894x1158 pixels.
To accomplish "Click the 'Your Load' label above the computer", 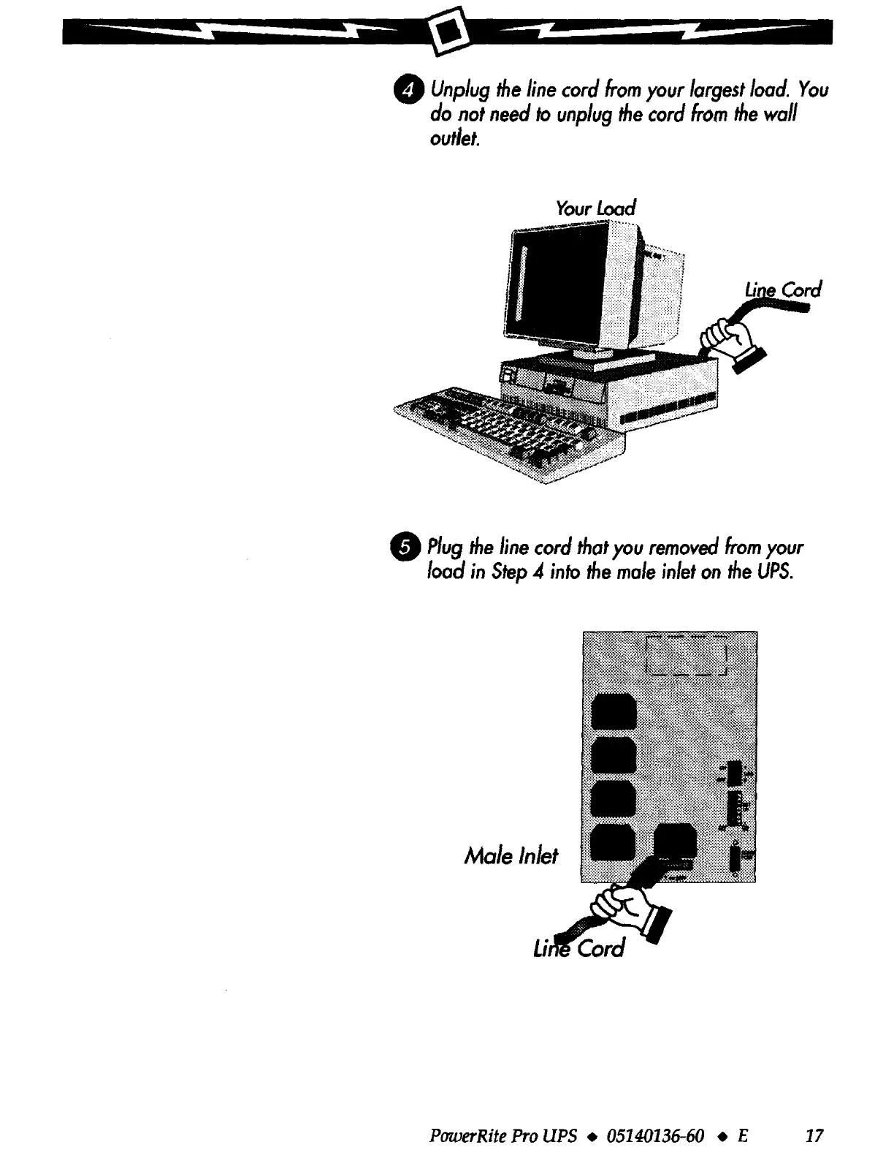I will tap(596, 208).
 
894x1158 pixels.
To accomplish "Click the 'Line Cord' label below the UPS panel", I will tap(581, 948).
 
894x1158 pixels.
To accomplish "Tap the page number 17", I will tap(814, 1135).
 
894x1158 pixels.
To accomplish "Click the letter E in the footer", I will tap(744, 1135).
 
